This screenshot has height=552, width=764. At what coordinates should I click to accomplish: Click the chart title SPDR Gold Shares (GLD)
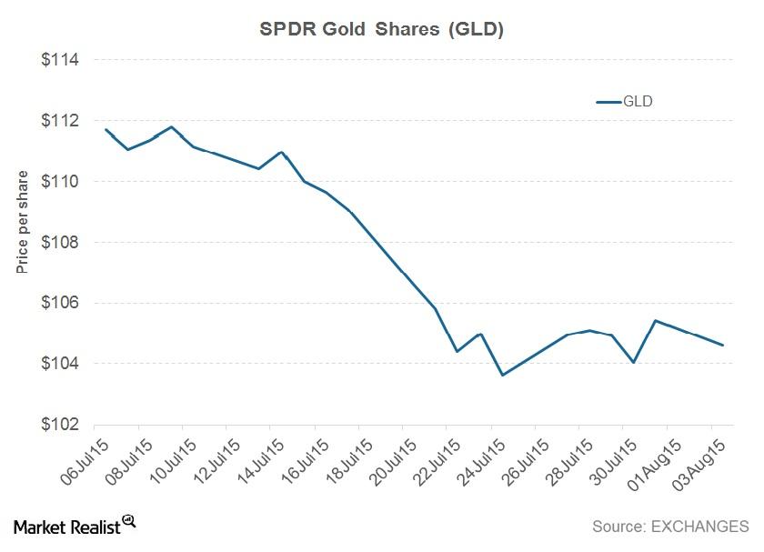(382, 29)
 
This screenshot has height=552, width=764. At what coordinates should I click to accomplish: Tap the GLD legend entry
(626, 102)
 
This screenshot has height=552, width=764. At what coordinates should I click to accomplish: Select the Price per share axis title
(22, 222)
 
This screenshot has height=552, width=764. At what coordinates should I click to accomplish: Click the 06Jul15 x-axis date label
(75, 462)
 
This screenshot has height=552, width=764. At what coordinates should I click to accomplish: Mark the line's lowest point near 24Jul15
(502, 375)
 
